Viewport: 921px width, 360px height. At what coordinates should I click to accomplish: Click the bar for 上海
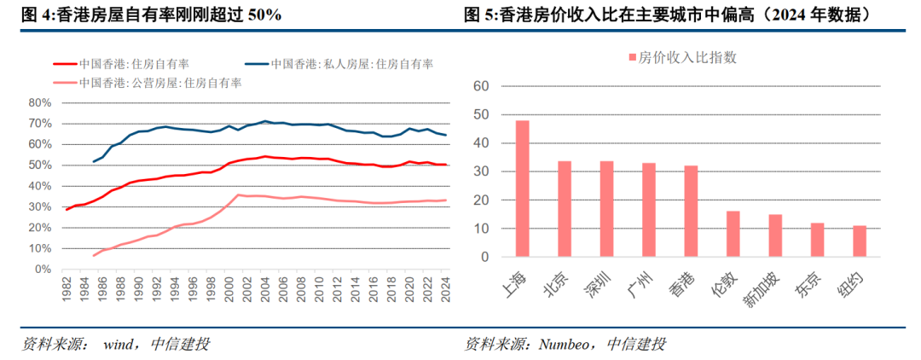tap(523, 189)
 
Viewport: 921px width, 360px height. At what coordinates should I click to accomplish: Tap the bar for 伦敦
tap(733, 234)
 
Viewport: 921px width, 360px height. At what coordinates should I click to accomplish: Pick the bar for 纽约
tap(860, 241)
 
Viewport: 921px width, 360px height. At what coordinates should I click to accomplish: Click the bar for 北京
tap(565, 209)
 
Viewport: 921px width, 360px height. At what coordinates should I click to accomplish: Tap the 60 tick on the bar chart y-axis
tap(479, 86)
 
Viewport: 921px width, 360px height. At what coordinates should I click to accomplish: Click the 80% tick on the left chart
tap(40, 102)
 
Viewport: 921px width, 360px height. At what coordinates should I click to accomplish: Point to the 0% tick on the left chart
tap(43, 269)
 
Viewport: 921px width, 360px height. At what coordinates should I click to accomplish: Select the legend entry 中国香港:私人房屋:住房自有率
tap(351, 64)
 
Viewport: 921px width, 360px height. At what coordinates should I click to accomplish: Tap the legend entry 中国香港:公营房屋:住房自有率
tap(160, 83)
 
